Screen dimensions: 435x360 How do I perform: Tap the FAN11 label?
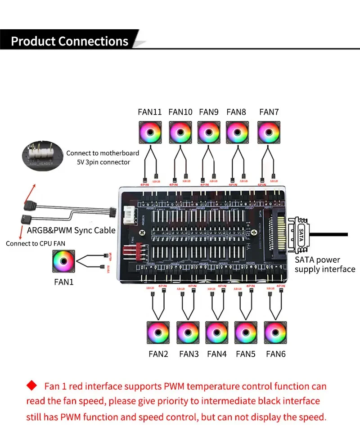point(149,112)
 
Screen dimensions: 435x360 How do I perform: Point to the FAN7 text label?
point(269,112)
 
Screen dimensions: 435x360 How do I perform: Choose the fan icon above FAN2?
point(158,333)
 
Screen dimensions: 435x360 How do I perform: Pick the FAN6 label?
point(276,354)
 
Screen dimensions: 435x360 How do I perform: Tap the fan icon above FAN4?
point(217,333)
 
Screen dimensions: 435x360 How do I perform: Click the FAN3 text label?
point(189,354)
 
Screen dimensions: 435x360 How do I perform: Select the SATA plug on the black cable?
point(301,235)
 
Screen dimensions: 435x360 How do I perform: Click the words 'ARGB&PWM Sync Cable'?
point(72,230)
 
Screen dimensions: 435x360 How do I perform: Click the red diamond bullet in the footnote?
point(32,386)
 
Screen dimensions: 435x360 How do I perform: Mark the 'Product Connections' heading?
point(70,41)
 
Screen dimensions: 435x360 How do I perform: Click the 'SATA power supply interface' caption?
point(325,265)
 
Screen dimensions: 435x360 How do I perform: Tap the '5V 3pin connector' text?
point(103,162)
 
